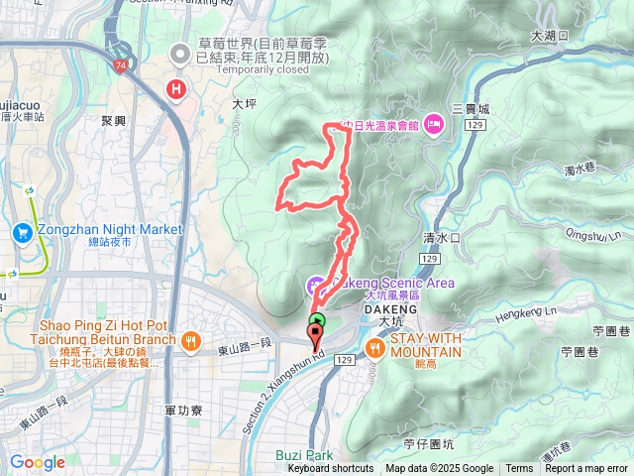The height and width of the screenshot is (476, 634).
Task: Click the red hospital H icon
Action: tap(176, 90)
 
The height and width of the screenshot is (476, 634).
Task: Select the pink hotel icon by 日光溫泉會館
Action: tap(434, 124)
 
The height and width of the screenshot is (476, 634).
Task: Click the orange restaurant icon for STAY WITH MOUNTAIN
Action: tap(375, 347)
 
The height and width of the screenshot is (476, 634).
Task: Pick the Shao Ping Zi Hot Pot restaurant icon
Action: tap(191, 342)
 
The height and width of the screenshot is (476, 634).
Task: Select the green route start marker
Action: tap(317, 321)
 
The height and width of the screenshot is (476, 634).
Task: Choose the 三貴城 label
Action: tap(471, 108)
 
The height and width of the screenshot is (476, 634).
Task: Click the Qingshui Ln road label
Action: tap(594, 227)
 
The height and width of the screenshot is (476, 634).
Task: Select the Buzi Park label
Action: tap(303, 455)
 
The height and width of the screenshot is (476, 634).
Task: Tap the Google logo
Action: tap(37, 462)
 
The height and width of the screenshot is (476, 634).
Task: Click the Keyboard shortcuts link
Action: tap(331, 469)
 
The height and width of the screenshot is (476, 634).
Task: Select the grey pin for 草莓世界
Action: tap(179, 54)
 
